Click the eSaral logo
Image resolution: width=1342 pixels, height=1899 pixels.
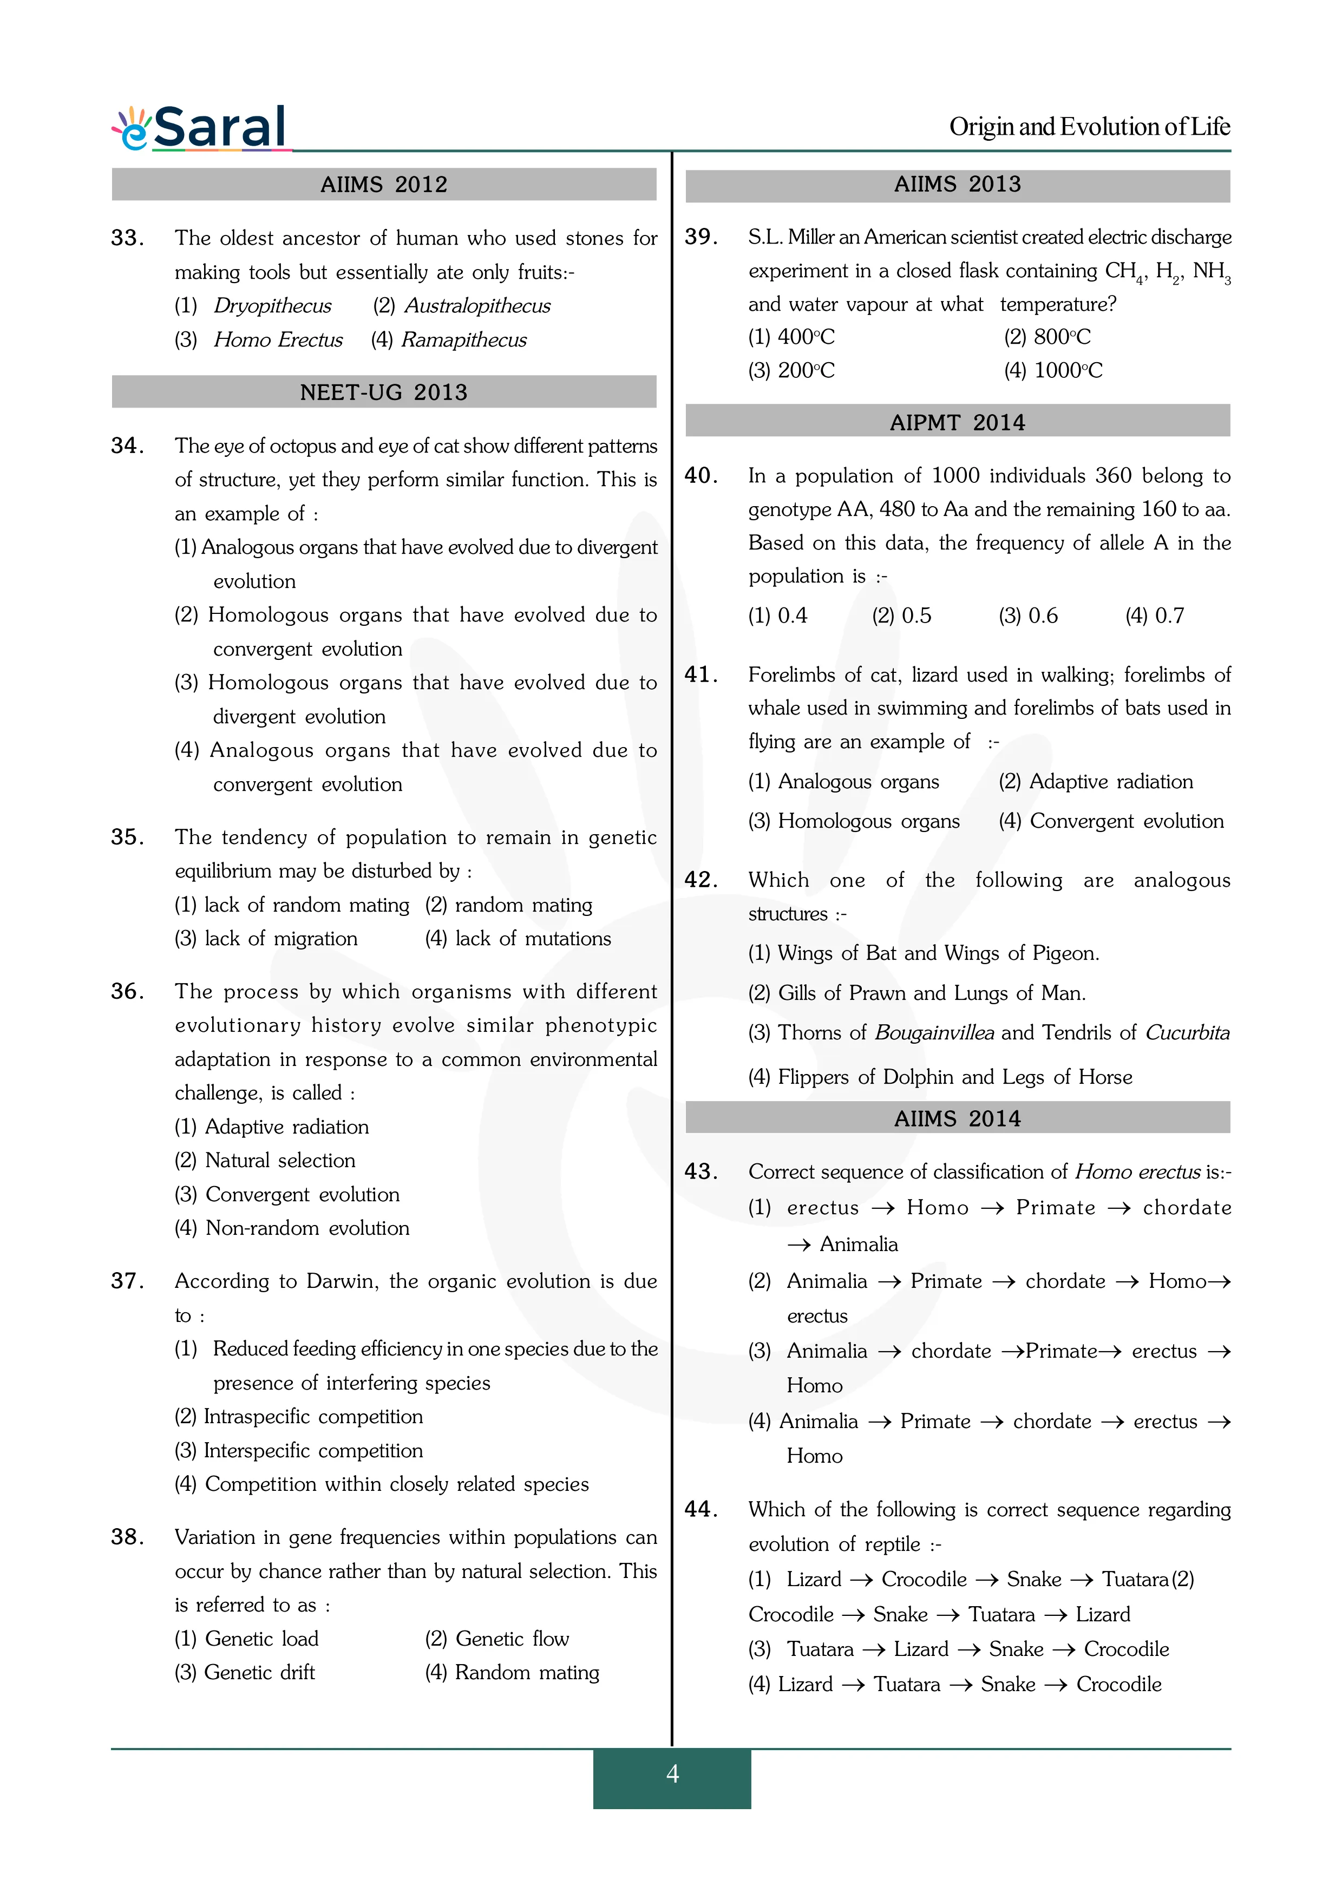(200, 128)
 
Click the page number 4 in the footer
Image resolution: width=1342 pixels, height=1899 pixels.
(672, 1773)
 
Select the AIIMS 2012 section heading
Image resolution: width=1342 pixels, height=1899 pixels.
(384, 185)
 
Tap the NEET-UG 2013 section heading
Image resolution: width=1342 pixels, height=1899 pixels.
(384, 392)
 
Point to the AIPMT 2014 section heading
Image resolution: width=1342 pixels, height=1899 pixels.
(958, 423)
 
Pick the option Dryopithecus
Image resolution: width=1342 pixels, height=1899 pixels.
(272, 306)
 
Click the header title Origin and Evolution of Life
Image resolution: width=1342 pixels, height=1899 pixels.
(1089, 127)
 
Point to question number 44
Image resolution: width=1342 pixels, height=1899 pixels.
(701, 1509)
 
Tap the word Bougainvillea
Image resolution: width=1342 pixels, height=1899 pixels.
(934, 1033)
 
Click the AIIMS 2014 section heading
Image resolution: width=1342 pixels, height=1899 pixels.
(958, 1119)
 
